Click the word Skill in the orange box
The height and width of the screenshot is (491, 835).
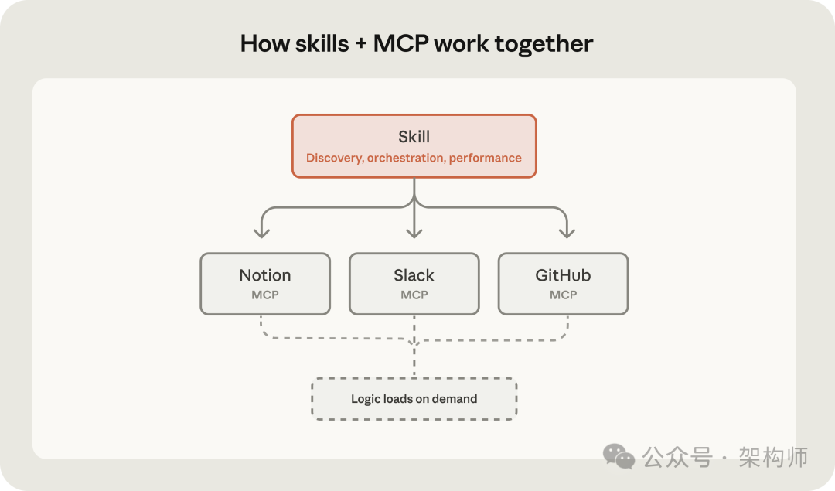point(414,137)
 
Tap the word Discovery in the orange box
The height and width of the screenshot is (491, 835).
point(335,159)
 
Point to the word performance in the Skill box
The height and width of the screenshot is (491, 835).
point(486,159)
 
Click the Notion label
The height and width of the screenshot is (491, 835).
point(265,275)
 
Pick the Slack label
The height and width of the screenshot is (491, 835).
point(414,275)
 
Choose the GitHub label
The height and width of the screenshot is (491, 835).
point(563,275)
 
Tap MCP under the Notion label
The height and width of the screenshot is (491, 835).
point(265,295)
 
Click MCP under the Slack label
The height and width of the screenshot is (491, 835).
point(414,295)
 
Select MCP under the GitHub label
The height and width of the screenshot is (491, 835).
point(563,295)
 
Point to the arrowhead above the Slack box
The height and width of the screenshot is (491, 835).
point(414,233)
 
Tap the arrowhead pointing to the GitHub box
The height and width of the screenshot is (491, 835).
point(567,233)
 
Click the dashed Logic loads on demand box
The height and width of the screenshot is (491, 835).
point(414,399)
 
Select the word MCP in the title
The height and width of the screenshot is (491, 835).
point(400,44)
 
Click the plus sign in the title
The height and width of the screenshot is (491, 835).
point(361,45)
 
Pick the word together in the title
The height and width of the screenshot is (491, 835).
point(544,45)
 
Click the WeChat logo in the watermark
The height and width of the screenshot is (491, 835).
point(619,456)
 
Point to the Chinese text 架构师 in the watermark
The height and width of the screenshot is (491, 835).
point(773,457)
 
